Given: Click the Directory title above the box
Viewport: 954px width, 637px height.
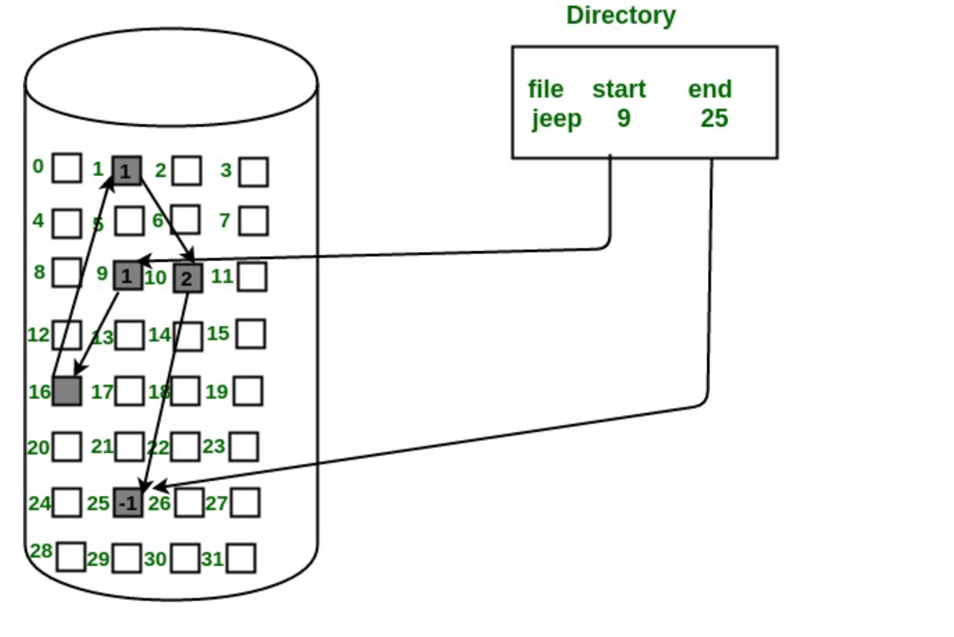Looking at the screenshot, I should pyautogui.click(x=621, y=16).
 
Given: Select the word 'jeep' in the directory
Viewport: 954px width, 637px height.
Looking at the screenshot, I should pyautogui.click(x=556, y=119).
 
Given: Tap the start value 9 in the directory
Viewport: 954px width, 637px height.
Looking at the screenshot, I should pyautogui.click(x=623, y=118).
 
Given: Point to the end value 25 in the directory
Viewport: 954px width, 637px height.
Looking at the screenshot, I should pyautogui.click(x=714, y=118).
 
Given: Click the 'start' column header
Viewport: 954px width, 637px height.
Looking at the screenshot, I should pyautogui.click(x=619, y=89).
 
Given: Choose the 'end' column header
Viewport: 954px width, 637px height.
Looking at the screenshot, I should pyautogui.click(x=709, y=89).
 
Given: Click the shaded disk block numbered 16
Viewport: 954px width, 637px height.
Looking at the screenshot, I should pyautogui.click(x=67, y=391).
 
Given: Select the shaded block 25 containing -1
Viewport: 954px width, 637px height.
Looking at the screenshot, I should pyautogui.click(x=128, y=503).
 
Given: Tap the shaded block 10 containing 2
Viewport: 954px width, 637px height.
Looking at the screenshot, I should pyautogui.click(x=188, y=278).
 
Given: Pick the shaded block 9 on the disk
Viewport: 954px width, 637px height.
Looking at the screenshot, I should pyautogui.click(x=128, y=276).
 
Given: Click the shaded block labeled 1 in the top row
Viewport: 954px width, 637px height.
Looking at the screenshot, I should pyautogui.click(x=127, y=171).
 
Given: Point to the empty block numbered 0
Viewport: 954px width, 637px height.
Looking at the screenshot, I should pyautogui.click(x=67, y=168).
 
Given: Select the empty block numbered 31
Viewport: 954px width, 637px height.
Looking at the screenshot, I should pyautogui.click(x=241, y=558).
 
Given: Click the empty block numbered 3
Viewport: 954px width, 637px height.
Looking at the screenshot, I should pyautogui.click(x=254, y=172).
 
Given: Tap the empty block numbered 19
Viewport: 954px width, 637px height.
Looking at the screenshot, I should pyautogui.click(x=248, y=391).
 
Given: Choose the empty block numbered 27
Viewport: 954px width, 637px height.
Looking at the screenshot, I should pyautogui.click(x=246, y=503).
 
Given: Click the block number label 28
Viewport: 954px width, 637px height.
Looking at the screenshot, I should pyautogui.click(x=41, y=551).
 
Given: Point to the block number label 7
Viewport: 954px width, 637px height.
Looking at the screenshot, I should pyautogui.click(x=225, y=220).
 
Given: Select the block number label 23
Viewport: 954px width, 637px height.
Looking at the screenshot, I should pyautogui.click(x=213, y=446).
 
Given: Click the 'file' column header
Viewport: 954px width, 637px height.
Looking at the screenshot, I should pyautogui.click(x=546, y=89).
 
